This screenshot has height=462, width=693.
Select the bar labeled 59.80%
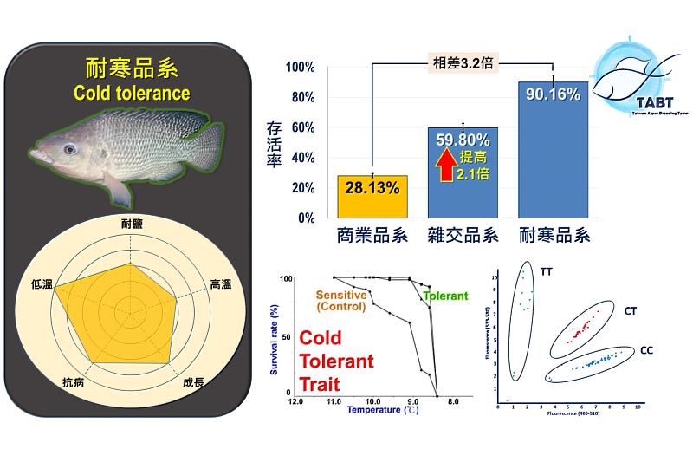(463, 173)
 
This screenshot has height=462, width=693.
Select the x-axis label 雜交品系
(463, 236)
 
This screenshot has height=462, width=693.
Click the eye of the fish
(69, 148)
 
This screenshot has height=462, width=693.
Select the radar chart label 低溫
(41, 283)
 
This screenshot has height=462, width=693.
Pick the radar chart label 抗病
(74, 381)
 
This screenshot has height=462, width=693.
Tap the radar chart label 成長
(194, 381)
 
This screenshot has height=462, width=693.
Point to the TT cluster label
(546, 271)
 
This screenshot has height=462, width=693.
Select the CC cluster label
(647, 350)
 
